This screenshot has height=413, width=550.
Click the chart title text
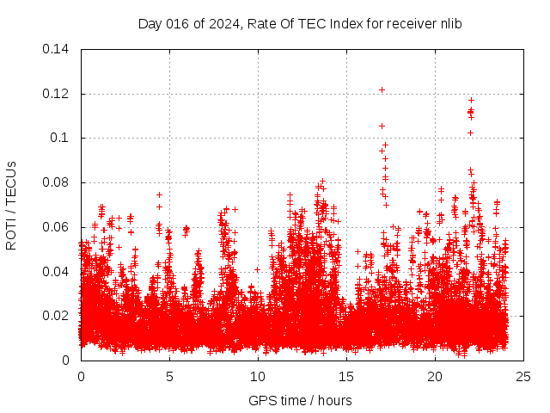pyautogui.click(x=300, y=24)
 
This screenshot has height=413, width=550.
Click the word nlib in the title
pyautogui.click(x=450, y=24)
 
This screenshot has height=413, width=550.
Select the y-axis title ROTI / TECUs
pyautogui.click(x=11, y=205)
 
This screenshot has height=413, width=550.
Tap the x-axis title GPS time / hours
pyautogui.click(x=300, y=400)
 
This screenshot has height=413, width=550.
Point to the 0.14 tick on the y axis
pyautogui.click(x=57, y=49)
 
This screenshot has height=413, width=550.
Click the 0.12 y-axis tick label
pyautogui.click(x=57, y=94)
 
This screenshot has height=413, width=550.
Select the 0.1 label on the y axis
pyautogui.click(x=60, y=138)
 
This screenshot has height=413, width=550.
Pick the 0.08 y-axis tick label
pyautogui.click(x=57, y=182)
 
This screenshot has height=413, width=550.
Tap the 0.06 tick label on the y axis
pyautogui.click(x=57, y=227)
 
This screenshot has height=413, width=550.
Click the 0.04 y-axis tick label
pyautogui.click(x=57, y=272)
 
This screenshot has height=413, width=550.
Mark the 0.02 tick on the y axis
pyautogui.click(x=57, y=316)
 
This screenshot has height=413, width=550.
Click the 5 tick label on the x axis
pyautogui.click(x=169, y=377)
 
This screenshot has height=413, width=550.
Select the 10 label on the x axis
pyautogui.click(x=258, y=377)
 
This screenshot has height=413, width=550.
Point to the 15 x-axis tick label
pyautogui.click(x=346, y=377)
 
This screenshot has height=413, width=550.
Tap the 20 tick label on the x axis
pyautogui.click(x=435, y=377)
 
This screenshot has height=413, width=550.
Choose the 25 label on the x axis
pyautogui.click(x=523, y=377)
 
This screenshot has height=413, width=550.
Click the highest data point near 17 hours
pyautogui.click(x=382, y=89)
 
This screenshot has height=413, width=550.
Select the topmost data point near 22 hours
pyautogui.click(x=471, y=100)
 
